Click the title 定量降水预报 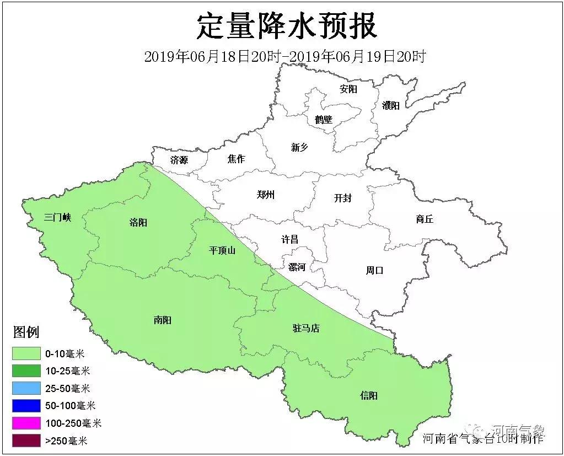[287, 26]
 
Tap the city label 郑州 [266, 195]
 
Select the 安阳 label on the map [348, 89]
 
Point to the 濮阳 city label [390, 105]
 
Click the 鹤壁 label [324, 119]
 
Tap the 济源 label [179, 160]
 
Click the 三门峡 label [58, 217]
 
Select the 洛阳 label [138, 223]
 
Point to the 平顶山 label [222, 250]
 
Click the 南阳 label [163, 320]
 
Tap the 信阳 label [369, 396]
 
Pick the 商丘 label [425, 219]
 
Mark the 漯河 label [297, 267]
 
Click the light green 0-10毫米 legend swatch [26, 353]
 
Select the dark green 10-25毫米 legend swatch [26, 371]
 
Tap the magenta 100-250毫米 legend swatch [26, 423]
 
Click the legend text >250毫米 [66, 441]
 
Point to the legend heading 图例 [26, 332]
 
